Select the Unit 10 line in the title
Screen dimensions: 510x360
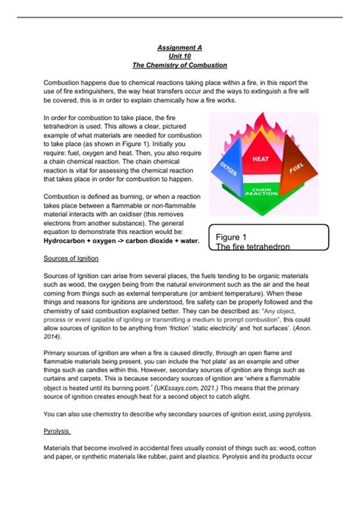point(179,55)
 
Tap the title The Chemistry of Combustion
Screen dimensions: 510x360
point(179,64)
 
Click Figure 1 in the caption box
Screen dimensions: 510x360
point(235,236)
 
